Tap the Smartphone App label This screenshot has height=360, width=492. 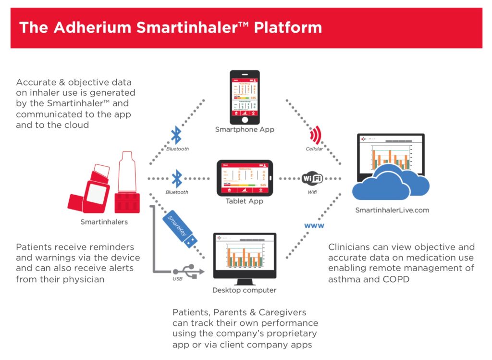tap(245, 129)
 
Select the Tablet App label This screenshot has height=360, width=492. tap(245, 201)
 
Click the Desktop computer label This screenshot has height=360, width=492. tap(245, 290)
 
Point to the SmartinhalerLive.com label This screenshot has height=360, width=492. tap(392, 210)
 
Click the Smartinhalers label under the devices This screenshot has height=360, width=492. tap(104, 222)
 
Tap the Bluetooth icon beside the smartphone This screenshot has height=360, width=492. tap(177, 137)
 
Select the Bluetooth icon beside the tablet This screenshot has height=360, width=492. tap(177, 178)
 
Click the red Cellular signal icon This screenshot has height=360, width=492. tap(315, 136)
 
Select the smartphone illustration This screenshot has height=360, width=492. tap(245, 97)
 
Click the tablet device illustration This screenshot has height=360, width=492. tap(245, 177)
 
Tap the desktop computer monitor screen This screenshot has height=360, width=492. tap(245, 257)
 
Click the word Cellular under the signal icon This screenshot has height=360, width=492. tap(315, 149)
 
